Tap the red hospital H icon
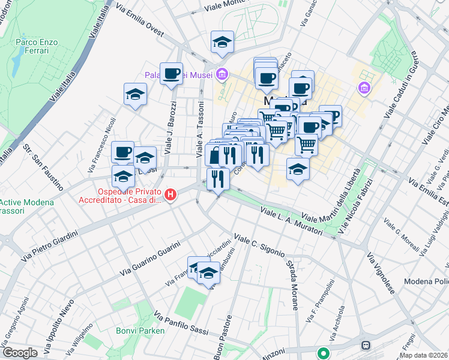(x=171, y=194)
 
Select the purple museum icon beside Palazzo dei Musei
(x=222, y=74)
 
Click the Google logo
(x=20, y=352)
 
